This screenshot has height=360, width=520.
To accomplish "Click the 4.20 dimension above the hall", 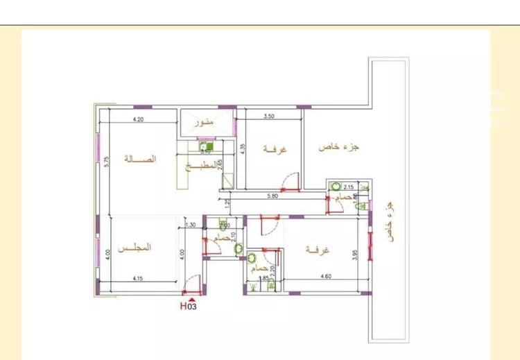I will pyautogui.click(x=138, y=119).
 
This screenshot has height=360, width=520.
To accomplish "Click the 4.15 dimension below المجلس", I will pyautogui.click(x=142, y=279).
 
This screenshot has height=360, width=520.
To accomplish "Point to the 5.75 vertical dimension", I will pyautogui.click(x=107, y=161).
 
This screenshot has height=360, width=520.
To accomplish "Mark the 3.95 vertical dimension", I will pyautogui.click(x=354, y=254).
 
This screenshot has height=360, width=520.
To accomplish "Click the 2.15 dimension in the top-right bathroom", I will pyautogui.click(x=349, y=187).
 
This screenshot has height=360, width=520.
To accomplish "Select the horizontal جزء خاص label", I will pyautogui.click(x=342, y=148).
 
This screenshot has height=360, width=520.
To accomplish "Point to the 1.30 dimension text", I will pyautogui.click(x=191, y=225).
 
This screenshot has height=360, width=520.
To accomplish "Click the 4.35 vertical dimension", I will pyautogui.click(x=243, y=150).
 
